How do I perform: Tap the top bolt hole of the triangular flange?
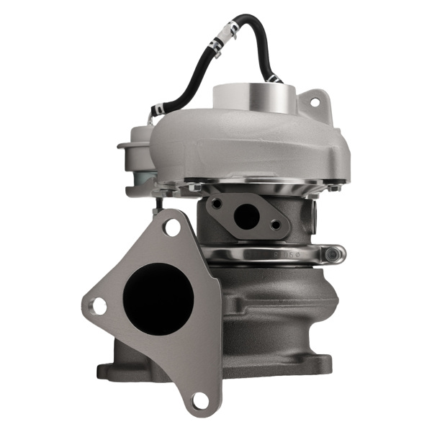tap(171, 228)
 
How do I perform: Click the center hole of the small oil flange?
tap(246, 216)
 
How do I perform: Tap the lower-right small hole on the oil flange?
tap(276, 225)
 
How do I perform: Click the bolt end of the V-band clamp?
tap(334, 254)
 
